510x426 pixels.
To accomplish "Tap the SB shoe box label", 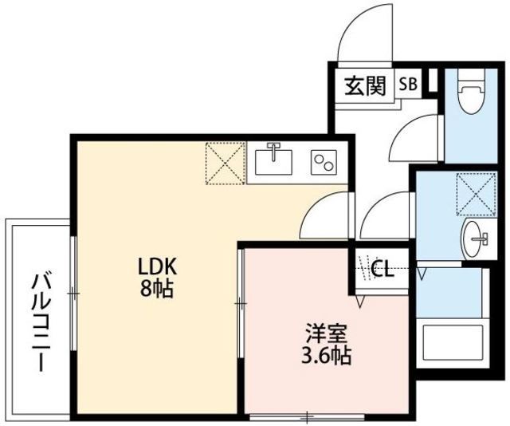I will tap(406, 84).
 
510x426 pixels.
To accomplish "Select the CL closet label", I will tap(382, 270).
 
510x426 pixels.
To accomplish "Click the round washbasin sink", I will tap(475, 237).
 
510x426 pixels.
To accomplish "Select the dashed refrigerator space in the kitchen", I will tap(225, 163).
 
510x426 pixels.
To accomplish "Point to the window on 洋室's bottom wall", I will tap(307, 416).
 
